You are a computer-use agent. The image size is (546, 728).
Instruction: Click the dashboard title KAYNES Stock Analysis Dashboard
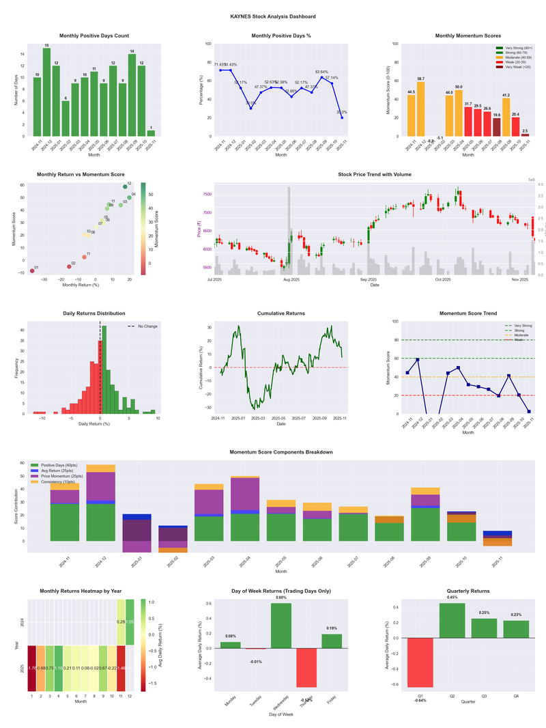273,16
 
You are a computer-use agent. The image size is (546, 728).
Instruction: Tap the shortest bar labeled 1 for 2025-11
151,133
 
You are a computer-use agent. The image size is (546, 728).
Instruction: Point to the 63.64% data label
322,72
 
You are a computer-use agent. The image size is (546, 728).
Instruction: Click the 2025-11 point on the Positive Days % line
342,117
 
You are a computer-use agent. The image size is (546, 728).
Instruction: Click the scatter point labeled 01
31,271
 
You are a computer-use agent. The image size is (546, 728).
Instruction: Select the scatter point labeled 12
126,186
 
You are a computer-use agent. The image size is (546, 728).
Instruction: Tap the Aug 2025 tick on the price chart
291,280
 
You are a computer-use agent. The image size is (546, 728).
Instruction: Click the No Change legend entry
147,326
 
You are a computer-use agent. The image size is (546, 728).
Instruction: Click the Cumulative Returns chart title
281,313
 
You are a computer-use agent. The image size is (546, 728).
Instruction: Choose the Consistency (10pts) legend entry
63,481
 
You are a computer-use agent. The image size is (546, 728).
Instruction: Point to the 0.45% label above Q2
452,598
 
